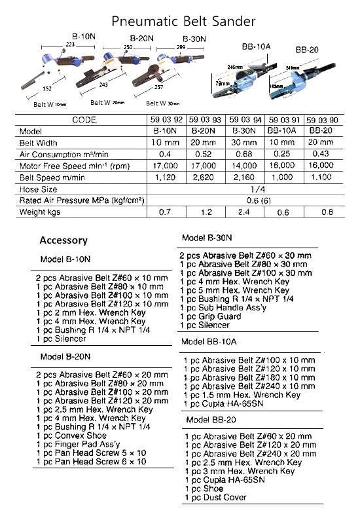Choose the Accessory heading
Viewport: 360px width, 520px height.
(x=63, y=240)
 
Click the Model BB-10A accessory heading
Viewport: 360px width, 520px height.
(x=209, y=342)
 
